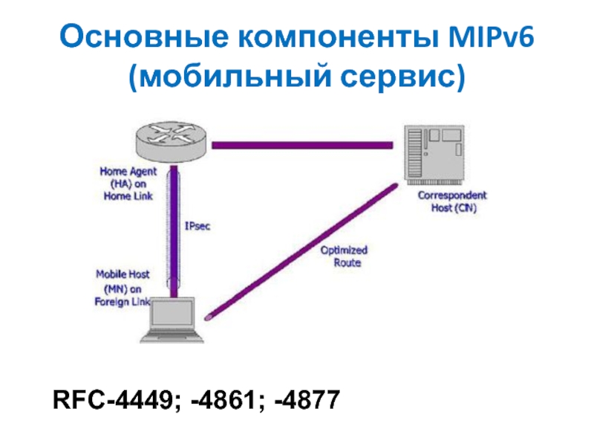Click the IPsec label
click(197, 226)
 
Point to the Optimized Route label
click(343, 256)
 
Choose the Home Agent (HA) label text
click(128, 183)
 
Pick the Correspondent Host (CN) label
click(452, 202)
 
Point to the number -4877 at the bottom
click(307, 401)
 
